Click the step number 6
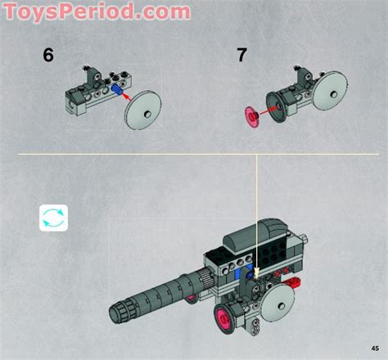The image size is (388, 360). pyautogui.click(x=48, y=56)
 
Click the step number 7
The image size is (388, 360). pyautogui.click(x=241, y=56)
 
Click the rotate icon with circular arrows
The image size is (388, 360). pyautogui.click(x=53, y=218)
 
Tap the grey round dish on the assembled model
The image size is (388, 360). pyautogui.click(x=278, y=300)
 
